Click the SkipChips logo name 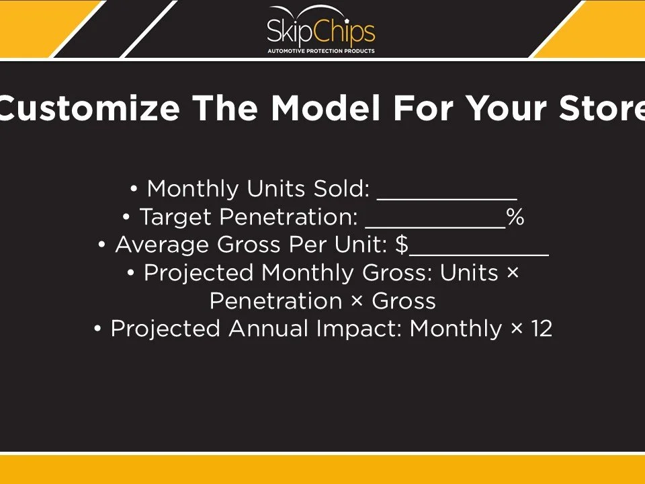[x=321, y=30]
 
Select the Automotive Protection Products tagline [x=321, y=51]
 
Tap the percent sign [x=515, y=218]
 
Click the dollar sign [x=402, y=245]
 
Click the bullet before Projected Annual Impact [x=98, y=329]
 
